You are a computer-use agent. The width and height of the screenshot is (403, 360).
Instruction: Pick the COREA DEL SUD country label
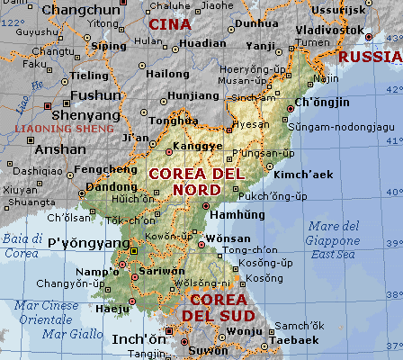coord(219,307)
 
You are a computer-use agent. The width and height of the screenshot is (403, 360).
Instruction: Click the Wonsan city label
coord(229,238)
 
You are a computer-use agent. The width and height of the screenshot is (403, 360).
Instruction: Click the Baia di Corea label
coord(22,246)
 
